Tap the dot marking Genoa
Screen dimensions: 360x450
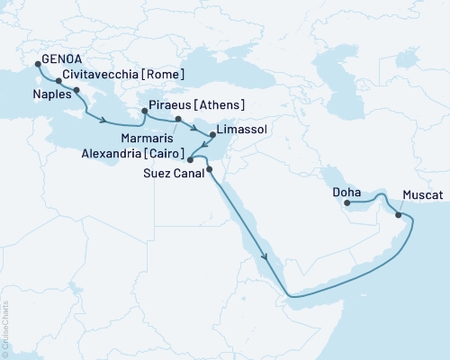(37, 63)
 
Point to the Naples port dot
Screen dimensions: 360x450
(76, 91)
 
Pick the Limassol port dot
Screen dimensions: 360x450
(211, 136)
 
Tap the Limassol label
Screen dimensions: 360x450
(243, 130)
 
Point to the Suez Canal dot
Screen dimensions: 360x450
(209, 169)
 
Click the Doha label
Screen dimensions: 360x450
(346, 192)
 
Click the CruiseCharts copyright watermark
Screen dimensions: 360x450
(6, 329)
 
